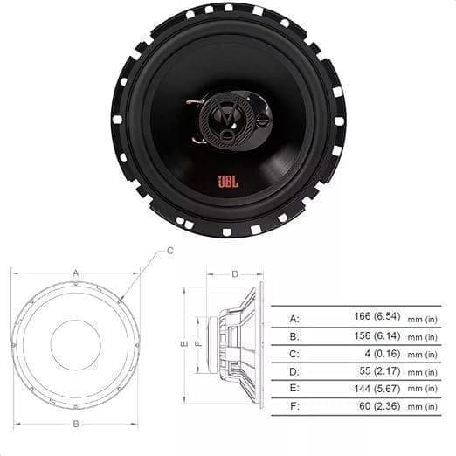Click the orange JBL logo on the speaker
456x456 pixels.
click(227, 182)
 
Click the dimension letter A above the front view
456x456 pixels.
click(76, 273)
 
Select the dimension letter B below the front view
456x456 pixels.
click(76, 425)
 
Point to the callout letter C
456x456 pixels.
click(170, 251)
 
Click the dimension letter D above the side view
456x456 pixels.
click(235, 274)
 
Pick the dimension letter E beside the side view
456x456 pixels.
click(184, 344)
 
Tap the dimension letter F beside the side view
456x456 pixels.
click(198, 344)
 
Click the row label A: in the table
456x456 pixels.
click(294, 319)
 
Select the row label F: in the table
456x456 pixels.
click(294, 407)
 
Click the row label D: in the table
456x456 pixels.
click(294, 372)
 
